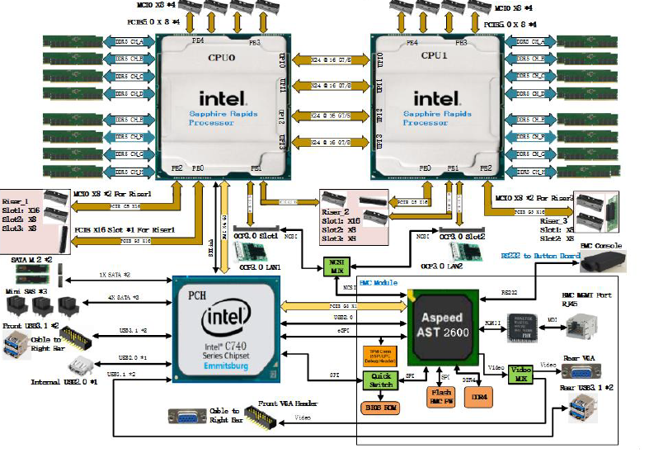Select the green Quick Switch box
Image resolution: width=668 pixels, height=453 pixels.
[x=380, y=381]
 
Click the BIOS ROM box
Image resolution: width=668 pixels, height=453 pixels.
[x=379, y=408]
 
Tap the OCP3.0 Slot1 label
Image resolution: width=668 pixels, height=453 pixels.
[x=261, y=236]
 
